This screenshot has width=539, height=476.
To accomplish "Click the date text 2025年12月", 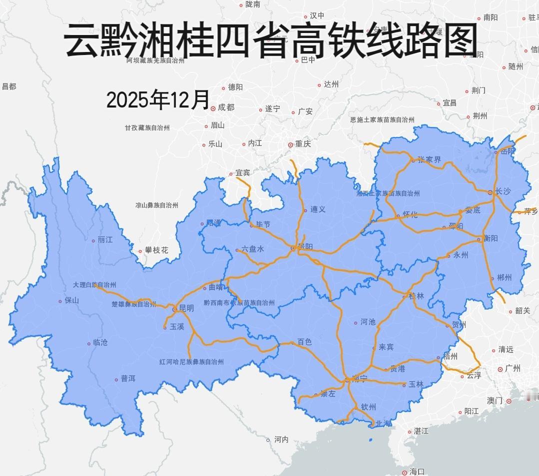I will [x=158, y=99].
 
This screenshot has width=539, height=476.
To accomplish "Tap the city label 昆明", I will [x=186, y=308].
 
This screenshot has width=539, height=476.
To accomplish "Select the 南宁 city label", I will [x=359, y=378].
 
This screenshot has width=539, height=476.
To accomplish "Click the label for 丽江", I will [x=105, y=239].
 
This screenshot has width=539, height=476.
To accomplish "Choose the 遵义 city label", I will [x=318, y=209].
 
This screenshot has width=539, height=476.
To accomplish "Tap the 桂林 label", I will [x=416, y=296].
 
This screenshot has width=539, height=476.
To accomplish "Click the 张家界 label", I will [x=429, y=160].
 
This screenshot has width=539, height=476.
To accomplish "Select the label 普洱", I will [x=128, y=379].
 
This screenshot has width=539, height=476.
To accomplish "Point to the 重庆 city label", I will [x=303, y=144].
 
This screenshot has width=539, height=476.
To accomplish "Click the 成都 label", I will [x=226, y=107].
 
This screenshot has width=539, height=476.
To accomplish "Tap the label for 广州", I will [x=513, y=368].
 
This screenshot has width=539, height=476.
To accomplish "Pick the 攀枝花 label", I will [x=156, y=250].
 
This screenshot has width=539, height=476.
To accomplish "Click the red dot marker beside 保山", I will [x=60, y=301].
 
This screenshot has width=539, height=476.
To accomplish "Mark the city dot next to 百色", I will [x=293, y=343].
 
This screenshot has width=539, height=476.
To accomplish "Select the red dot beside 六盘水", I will [x=237, y=250].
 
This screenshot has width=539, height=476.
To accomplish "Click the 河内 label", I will [x=281, y=439].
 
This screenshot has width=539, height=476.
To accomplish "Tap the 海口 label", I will [x=417, y=471].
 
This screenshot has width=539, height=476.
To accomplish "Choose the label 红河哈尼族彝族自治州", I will [x=191, y=361].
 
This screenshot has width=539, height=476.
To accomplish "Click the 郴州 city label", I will [x=504, y=278].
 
